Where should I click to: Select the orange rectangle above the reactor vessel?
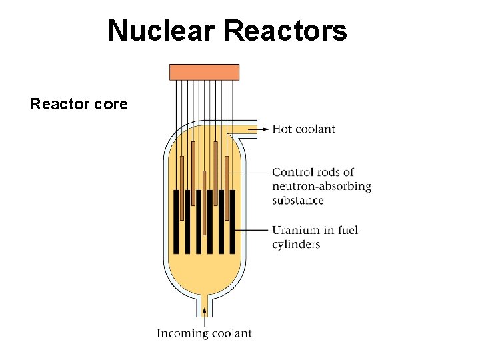point(204,72)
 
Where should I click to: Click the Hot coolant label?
point(303,129)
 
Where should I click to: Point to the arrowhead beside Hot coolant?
point(266,129)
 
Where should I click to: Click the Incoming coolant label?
point(204,333)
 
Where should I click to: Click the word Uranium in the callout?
point(294,230)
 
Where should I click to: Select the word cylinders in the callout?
point(295,244)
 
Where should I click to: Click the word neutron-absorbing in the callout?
point(321,187)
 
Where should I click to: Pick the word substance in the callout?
point(297,201)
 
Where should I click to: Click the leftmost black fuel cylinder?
point(176,222)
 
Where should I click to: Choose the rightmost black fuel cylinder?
point(232,222)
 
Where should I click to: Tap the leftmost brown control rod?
point(181,187)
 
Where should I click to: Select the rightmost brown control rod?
point(227,187)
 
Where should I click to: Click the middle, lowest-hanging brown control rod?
point(204,193)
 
